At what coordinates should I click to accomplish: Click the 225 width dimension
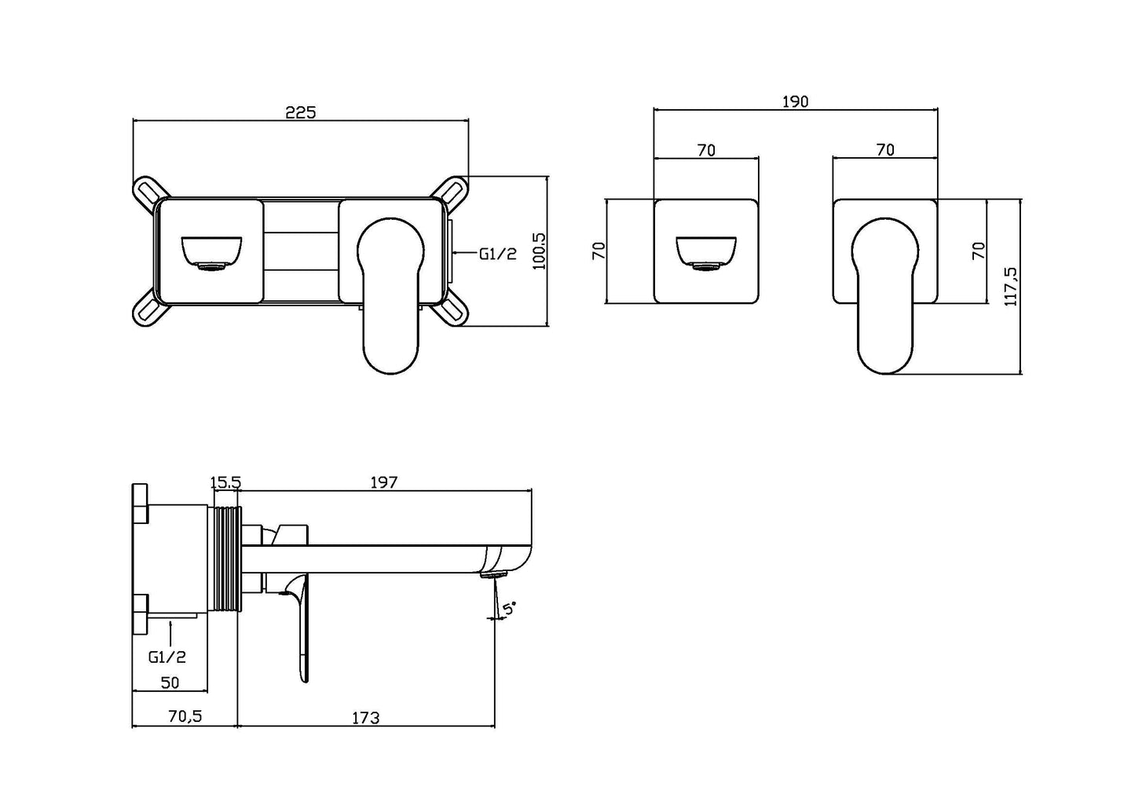pyautogui.click(x=300, y=112)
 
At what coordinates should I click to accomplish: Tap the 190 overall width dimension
pyautogui.click(x=795, y=101)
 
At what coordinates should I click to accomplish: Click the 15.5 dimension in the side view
pyautogui.click(x=225, y=482)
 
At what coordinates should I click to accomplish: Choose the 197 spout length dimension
pyautogui.click(x=384, y=482)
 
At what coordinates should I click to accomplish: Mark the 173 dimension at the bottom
pyautogui.click(x=365, y=717)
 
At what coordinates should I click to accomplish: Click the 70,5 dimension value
pyautogui.click(x=185, y=716)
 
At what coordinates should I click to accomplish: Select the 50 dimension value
pyautogui.click(x=170, y=683)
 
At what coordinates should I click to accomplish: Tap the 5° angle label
pyautogui.click(x=509, y=608)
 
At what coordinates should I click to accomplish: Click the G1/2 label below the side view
pyautogui.click(x=167, y=657)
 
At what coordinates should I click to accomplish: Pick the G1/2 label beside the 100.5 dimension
pyautogui.click(x=498, y=254)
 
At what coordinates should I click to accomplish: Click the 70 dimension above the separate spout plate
pyautogui.click(x=706, y=150)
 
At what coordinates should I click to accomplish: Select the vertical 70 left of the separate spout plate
pyautogui.click(x=599, y=251)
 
